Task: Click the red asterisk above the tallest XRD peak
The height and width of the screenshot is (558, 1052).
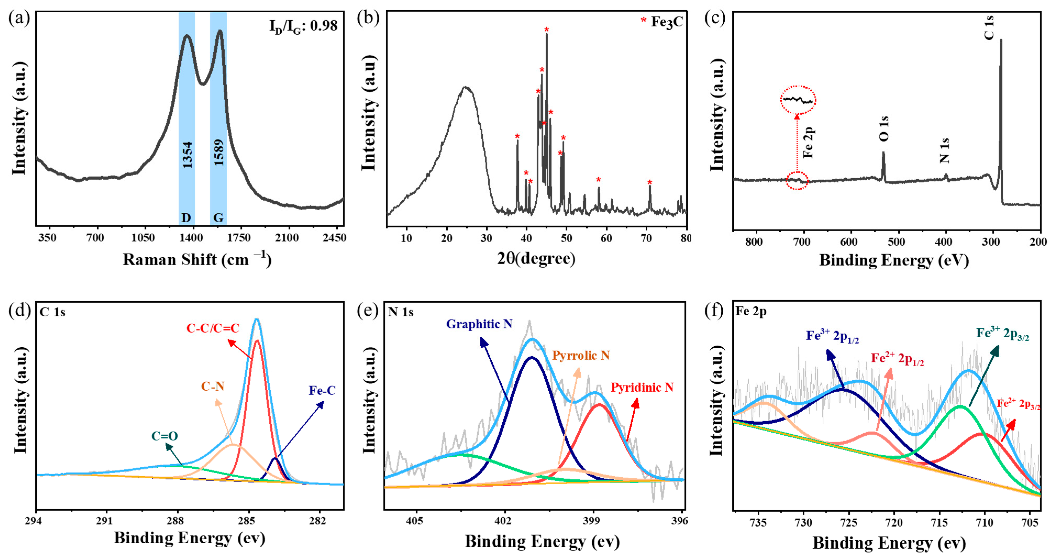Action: point(547,29)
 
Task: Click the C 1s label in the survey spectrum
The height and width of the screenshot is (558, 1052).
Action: point(989,27)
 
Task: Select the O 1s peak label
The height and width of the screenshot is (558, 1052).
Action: point(883,128)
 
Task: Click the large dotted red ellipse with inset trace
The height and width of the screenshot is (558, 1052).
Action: point(798,100)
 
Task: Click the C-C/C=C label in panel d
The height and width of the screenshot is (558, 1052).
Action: point(213,328)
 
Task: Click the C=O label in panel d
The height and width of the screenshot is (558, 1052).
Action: point(165,436)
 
